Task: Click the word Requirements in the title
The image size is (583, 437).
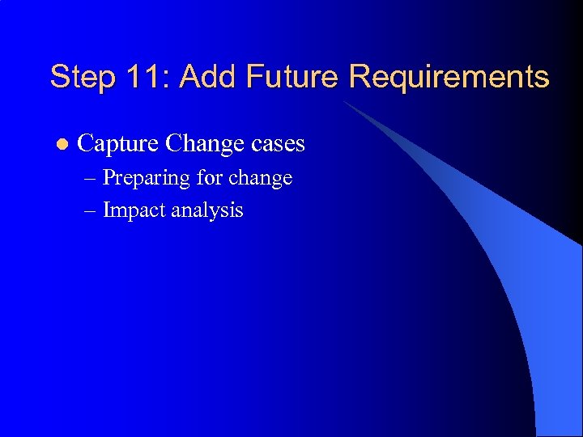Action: click(x=449, y=78)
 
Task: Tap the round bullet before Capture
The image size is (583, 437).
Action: click(x=58, y=145)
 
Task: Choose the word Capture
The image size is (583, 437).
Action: click(x=118, y=144)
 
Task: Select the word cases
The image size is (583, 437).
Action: click(x=278, y=144)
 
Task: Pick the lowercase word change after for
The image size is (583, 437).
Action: click(x=262, y=178)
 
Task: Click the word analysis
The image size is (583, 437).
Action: click(x=208, y=211)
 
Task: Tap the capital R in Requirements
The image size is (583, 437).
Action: click(x=358, y=78)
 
